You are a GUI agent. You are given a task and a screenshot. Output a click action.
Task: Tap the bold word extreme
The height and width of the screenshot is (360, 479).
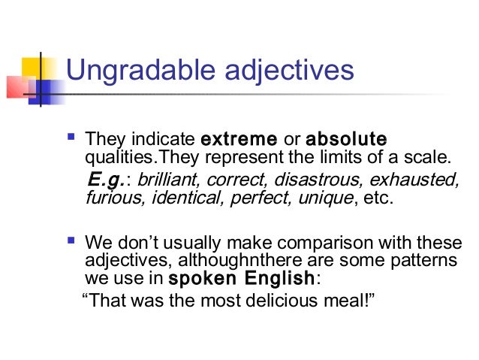pos(238,139)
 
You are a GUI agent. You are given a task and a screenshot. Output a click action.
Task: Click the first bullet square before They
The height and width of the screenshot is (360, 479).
pos(71,138)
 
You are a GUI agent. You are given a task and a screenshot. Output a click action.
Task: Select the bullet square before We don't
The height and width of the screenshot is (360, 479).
pos(71,243)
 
